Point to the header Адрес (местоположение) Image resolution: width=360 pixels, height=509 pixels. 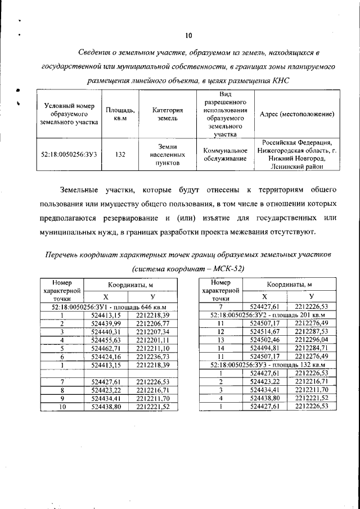(297, 114)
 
